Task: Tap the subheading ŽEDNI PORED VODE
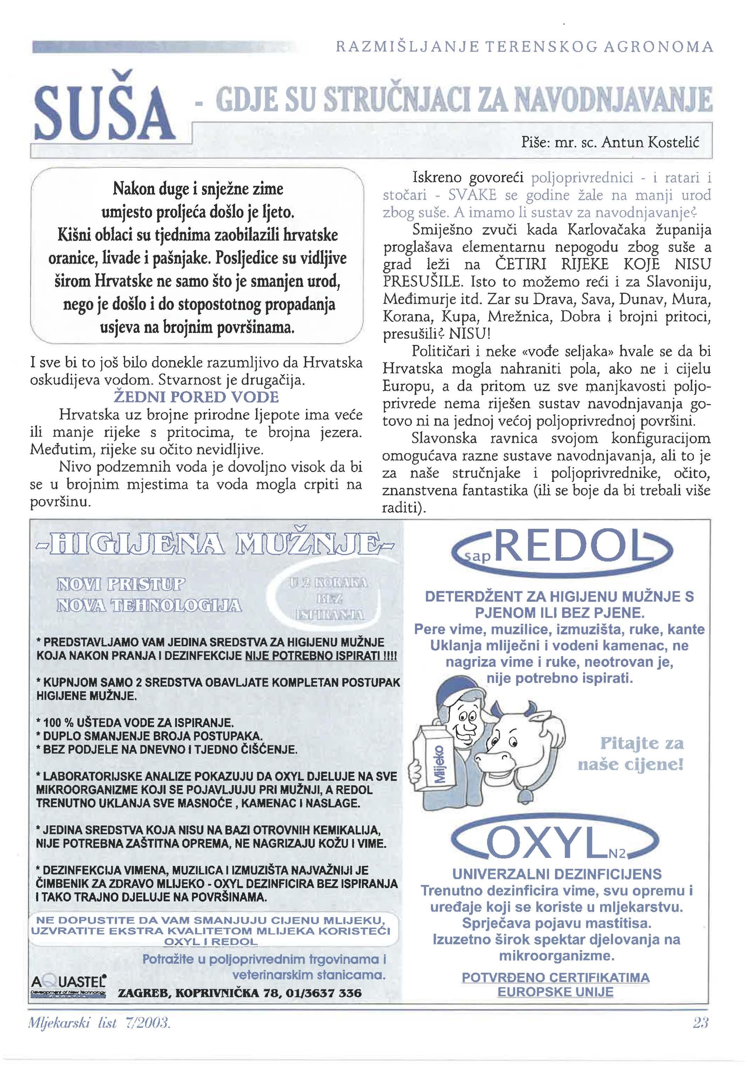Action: tap(196, 397)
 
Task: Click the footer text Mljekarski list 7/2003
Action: tap(99, 1023)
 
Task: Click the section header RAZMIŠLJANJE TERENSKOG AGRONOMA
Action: tap(524, 47)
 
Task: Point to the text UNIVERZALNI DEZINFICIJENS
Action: tap(556, 874)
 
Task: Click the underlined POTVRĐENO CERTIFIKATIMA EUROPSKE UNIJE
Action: tap(556, 984)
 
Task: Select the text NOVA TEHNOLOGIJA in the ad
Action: tap(149, 606)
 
